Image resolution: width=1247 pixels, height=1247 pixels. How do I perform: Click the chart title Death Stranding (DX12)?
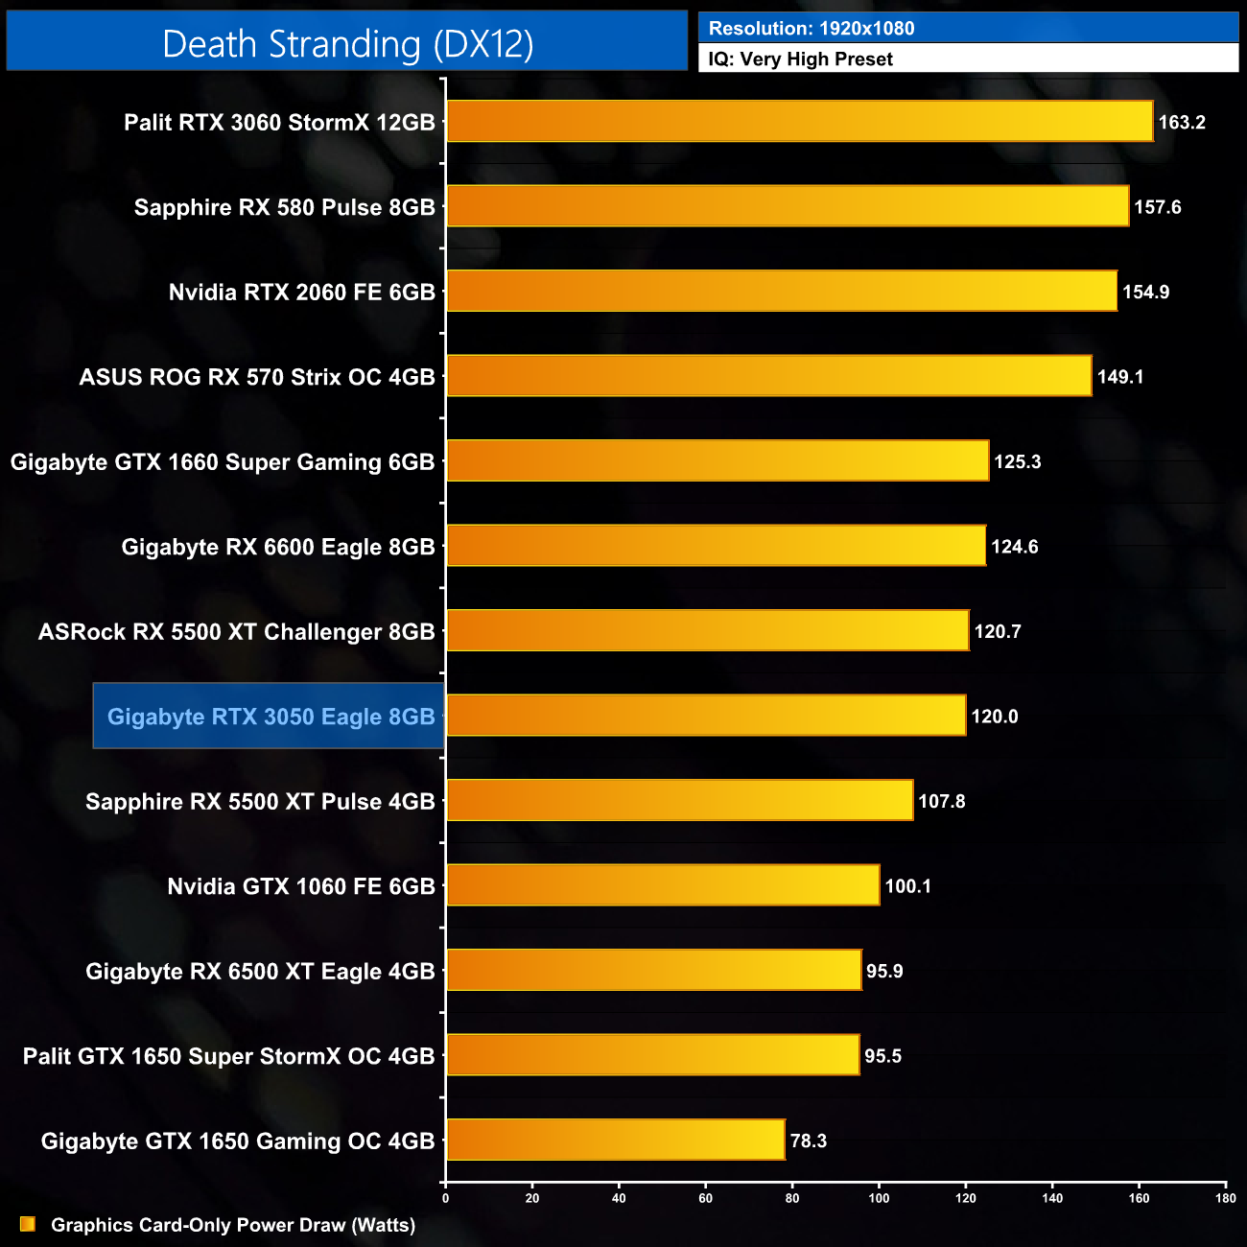[x=347, y=44]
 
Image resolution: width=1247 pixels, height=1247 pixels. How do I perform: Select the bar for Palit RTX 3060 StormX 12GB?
[x=799, y=122]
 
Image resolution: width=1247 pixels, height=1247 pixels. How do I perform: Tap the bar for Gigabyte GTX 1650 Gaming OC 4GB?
[x=615, y=1140]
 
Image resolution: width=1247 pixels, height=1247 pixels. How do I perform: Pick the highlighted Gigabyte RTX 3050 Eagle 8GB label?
[x=271, y=717]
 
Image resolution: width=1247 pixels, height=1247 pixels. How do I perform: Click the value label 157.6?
[x=1157, y=207]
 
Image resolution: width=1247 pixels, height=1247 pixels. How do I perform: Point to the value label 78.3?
[x=808, y=1141]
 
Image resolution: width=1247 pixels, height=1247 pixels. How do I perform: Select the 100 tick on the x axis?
[x=879, y=1197]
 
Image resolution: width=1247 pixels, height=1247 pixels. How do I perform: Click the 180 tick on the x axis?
[x=1225, y=1197]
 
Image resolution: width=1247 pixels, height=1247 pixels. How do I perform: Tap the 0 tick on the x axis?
[x=445, y=1197]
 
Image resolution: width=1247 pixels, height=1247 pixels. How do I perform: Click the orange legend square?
[x=28, y=1224]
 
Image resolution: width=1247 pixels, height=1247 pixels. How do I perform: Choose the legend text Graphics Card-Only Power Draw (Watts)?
[x=233, y=1225]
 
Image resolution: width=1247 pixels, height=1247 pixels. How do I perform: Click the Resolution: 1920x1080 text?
[x=811, y=29]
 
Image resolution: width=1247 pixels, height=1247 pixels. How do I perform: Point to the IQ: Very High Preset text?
[x=800, y=59]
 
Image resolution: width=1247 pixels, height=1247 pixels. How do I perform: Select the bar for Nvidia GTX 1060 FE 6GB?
[x=663, y=885]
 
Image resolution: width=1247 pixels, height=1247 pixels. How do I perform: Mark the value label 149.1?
[x=1119, y=377]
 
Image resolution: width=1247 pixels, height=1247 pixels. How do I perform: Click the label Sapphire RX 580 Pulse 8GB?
[x=284, y=207]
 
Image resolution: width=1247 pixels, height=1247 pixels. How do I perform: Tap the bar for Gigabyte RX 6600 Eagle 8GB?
[x=716, y=546]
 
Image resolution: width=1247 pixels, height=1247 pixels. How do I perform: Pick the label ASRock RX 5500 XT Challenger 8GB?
[x=236, y=632]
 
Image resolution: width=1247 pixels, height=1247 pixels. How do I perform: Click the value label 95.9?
[x=883, y=971]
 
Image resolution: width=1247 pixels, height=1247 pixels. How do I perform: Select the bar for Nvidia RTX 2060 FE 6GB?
[x=782, y=292]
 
